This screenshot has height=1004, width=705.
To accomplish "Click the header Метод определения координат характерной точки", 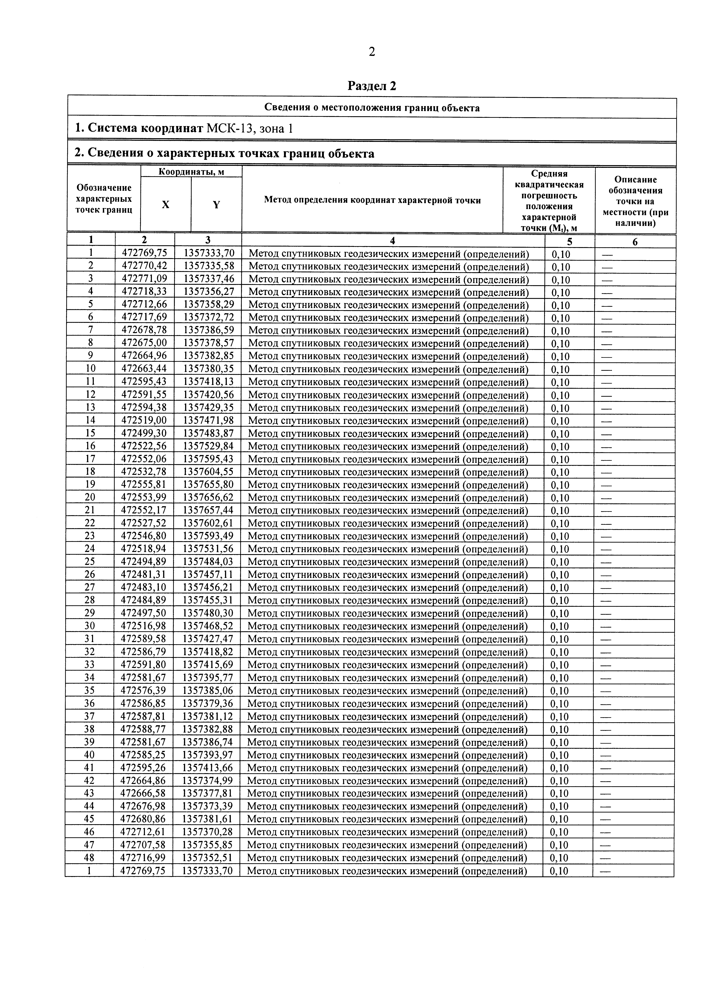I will pyautogui.click(x=372, y=200).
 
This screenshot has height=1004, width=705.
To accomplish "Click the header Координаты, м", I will pyautogui.click(x=191, y=172).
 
